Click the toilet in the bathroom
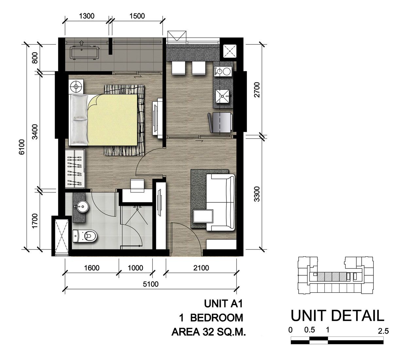point(84,236)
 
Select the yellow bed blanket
point(113,120)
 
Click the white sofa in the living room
point(220,202)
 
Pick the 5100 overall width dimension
point(150,284)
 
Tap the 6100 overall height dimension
point(22,147)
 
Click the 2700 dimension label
point(257,90)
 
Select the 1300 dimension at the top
point(87,16)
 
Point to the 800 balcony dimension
point(35,58)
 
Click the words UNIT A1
point(223,304)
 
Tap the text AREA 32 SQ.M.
point(209,332)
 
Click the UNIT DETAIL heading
point(337,316)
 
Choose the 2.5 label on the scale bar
point(383,331)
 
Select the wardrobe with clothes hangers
point(75,168)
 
